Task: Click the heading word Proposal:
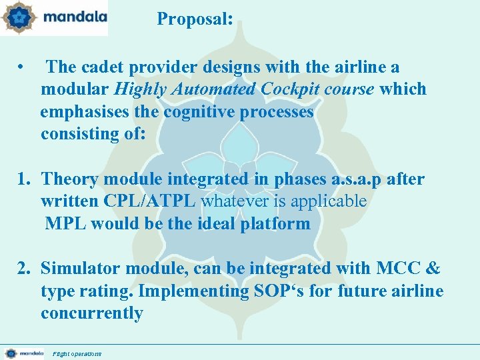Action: (195, 19)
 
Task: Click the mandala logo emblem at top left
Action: (19, 18)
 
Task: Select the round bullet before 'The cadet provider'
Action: (22, 67)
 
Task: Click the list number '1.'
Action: (25, 179)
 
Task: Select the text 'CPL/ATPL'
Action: (151, 201)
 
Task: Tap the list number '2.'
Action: (25, 269)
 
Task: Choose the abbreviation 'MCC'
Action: (398, 269)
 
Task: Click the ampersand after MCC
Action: (432, 269)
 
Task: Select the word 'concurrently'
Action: (92, 313)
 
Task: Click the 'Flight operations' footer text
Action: (77, 353)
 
